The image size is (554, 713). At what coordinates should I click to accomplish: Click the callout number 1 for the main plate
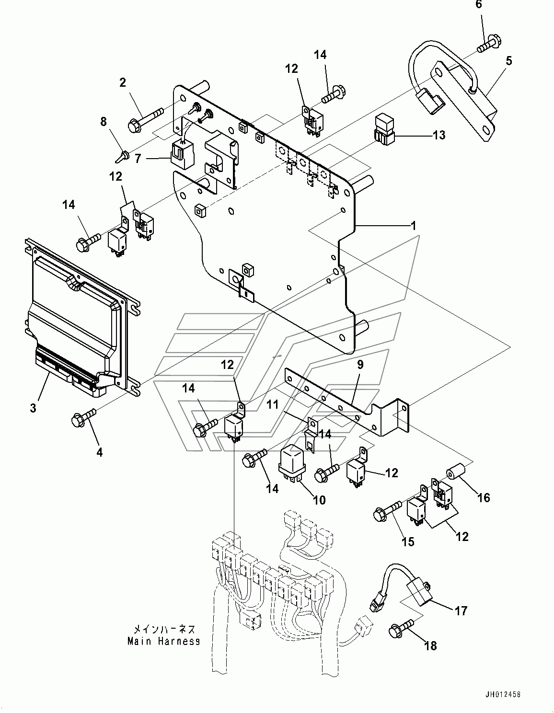pyautogui.click(x=413, y=225)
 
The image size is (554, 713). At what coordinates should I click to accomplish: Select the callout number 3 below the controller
pyautogui.click(x=33, y=408)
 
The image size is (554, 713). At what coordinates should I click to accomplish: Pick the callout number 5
pyautogui.click(x=508, y=61)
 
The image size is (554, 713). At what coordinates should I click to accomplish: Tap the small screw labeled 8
pyautogui.click(x=122, y=155)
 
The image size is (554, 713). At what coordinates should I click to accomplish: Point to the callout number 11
pyautogui.click(x=273, y=405)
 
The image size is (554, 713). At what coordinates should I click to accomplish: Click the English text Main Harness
pyautogui.click(x=163, y=641)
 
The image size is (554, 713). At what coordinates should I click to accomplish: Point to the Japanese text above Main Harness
pyautogui.click(x=164, y=630)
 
